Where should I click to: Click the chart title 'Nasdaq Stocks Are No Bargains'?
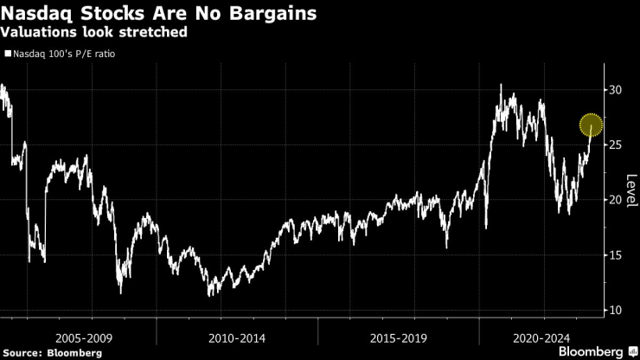click(158, 15)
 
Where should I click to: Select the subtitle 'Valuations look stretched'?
click(94, 33)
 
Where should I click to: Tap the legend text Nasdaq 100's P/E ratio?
click(63, 54)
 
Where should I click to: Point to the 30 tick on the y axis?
click(615, 89)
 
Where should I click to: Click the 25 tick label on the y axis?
click(615, 145)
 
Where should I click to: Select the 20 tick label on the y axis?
click(615, 200)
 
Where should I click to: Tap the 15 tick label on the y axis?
click(615, 255)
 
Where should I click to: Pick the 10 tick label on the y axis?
click(615, 311)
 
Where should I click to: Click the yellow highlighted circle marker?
click(591, 125)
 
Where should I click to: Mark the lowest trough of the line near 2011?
click(210, 296)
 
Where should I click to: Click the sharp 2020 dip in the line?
click(486, 228)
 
